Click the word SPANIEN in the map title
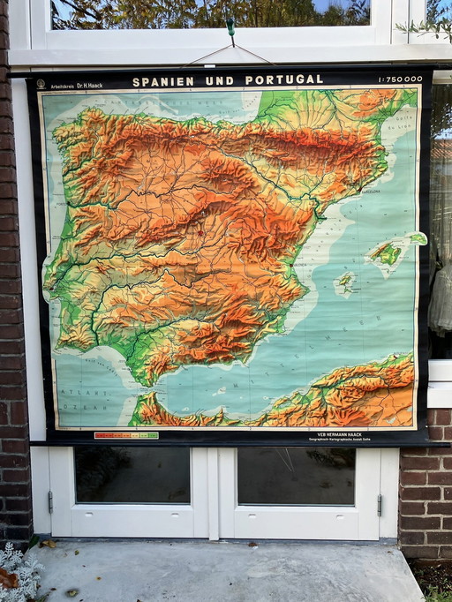point(162,80)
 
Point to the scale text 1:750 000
point(400,79)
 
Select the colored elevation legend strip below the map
point(126,435)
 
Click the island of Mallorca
point(386,254)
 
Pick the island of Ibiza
point(345,283)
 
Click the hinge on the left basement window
point(50,501)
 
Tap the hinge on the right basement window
point(380,505)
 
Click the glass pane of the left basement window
point(132,475)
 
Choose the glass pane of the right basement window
point(296,476)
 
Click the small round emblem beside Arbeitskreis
point(41,84)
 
